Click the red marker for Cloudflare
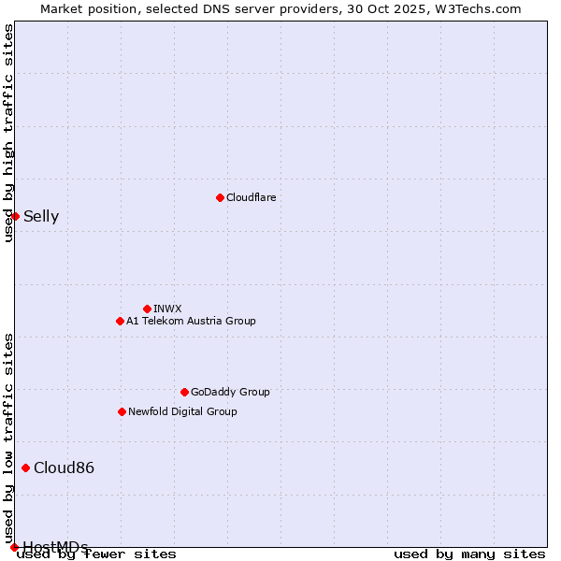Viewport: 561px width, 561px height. pos(220,197)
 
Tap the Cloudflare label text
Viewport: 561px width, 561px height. pos(251,197)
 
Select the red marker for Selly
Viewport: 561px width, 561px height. pos(15,216)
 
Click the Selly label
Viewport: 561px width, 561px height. pos(41,217)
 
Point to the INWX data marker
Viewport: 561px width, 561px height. pos(147,309)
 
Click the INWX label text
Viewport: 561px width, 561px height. pos(167,309)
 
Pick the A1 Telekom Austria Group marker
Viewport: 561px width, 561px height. pos(120,321)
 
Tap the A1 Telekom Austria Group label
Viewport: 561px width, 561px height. pos(191,321)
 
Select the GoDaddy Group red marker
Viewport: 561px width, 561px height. pos(184,392)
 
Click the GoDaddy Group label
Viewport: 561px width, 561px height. pos(230,392)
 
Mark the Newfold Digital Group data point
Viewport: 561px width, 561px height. pos(122,411)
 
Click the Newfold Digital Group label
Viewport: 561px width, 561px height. pos(182,411)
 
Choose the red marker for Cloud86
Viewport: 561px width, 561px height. pos(25,467)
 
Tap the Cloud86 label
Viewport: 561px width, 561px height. pos(64,468)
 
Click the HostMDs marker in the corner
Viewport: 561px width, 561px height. pos(14,547)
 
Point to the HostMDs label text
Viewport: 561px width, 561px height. pos(55,547)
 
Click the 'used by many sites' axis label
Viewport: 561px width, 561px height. pos(469,554)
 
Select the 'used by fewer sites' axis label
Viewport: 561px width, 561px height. pos(96,554)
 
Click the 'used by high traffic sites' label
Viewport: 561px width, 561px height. pos(8,133)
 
